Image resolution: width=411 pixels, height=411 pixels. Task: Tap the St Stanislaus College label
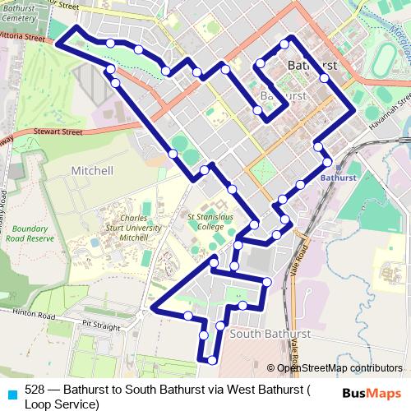[x=205, y=222]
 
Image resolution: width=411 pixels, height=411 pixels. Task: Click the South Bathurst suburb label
[x=270, y=335]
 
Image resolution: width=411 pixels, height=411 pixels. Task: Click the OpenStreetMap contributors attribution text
[x=339, y=368]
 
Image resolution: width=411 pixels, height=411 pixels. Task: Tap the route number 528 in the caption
[x=35, y=390]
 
